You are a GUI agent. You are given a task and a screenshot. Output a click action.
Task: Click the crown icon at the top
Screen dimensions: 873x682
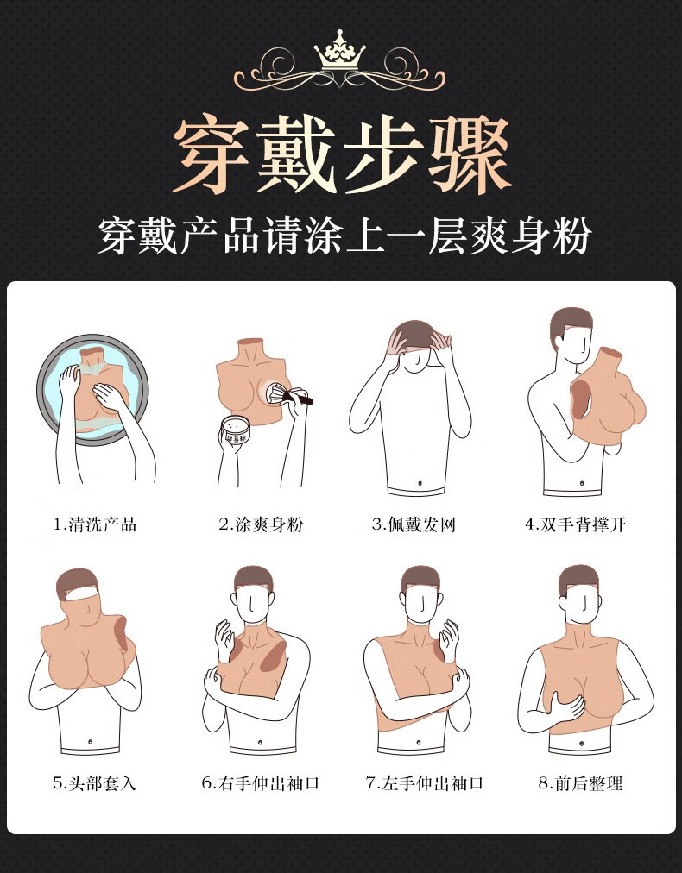(x=340, y=52)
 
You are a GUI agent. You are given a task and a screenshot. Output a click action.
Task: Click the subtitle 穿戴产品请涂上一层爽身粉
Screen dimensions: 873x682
(x=343, y=236)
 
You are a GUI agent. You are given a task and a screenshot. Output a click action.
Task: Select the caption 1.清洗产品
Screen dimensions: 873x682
(x=94, y=524)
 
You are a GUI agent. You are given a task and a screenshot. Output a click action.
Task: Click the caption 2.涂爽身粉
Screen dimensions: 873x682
(x=260, y=524)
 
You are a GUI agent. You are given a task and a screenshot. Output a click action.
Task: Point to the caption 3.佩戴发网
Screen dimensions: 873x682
(x=414, y=524)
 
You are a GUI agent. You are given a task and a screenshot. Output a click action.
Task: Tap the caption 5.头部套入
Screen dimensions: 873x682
(x=94, y=783)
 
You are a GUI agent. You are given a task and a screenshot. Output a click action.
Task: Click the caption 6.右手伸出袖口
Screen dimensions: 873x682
(x=260, y=783)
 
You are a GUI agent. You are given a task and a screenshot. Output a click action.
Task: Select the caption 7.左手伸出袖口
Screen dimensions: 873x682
(x=424, y=783)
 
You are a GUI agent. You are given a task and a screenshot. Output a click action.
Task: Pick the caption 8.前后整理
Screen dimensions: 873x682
(x=580, y=783)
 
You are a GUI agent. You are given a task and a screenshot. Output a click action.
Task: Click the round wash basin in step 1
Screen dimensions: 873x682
(x=91, y=388)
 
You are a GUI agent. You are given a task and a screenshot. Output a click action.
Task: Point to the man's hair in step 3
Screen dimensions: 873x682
(x=414, y=331)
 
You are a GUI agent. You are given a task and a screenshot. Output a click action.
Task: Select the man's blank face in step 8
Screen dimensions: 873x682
(x=579, y=601)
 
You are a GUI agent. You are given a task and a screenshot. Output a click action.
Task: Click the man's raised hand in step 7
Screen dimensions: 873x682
(x=450, y=643)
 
